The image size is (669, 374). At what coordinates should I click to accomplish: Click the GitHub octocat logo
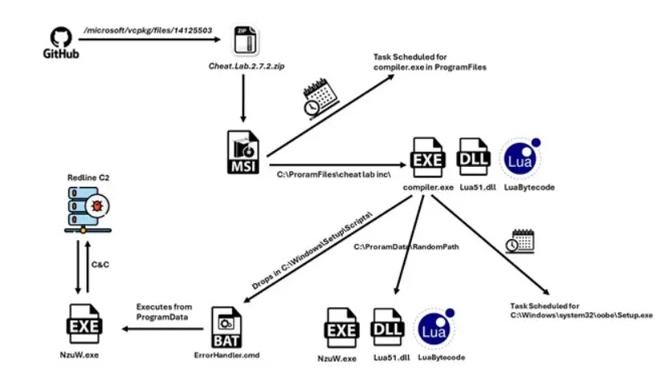click(61, 38)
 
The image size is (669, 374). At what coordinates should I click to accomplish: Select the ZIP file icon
click(247, 40)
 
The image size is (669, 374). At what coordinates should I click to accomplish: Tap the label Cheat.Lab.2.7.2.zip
click(247, 66)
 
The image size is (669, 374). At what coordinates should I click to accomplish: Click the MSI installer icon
click(243, 152)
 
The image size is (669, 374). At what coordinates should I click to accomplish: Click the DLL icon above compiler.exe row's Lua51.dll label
click(473, 157)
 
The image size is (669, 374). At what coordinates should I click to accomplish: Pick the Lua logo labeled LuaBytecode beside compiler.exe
click(521, 158)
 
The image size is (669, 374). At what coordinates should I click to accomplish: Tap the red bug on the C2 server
click(97, 206)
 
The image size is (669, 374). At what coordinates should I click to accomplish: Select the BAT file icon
click(226, 327)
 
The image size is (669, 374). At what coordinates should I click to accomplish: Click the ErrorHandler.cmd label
click(226, 355)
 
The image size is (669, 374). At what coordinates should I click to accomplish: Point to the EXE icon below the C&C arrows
click(84, 324)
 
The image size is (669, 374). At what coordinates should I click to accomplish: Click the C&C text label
click(100, 265)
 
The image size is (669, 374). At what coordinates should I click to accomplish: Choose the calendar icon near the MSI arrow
click(321, 97)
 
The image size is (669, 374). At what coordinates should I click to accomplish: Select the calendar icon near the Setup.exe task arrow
click(520, 242)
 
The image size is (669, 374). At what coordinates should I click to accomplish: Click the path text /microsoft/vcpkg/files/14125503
click(148, 30)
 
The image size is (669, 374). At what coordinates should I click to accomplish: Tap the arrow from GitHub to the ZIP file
click(149, 39)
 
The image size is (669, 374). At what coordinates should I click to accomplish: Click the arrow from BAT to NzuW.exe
click(162, 329)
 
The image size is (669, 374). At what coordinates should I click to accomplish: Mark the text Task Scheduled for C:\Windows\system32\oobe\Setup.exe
click(581, 311)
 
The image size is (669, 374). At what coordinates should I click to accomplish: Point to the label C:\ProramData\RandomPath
click(406, 247)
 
